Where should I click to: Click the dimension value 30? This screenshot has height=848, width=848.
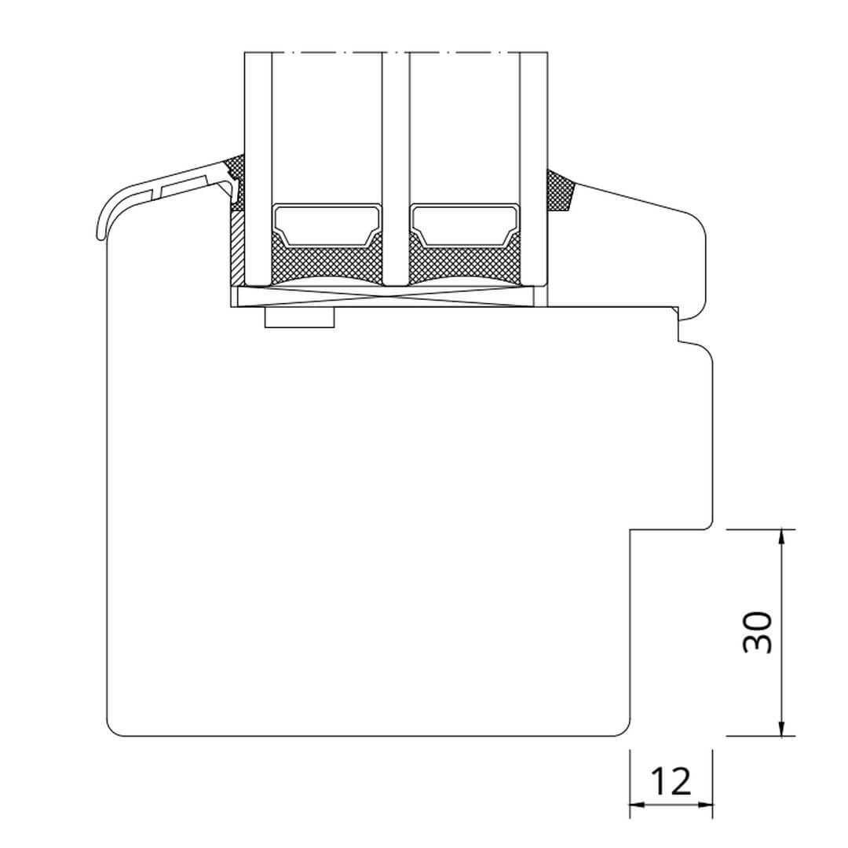point(758,632)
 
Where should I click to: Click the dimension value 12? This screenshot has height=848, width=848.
point(671,781)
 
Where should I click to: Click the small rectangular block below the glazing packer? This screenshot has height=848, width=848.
point(300,317)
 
